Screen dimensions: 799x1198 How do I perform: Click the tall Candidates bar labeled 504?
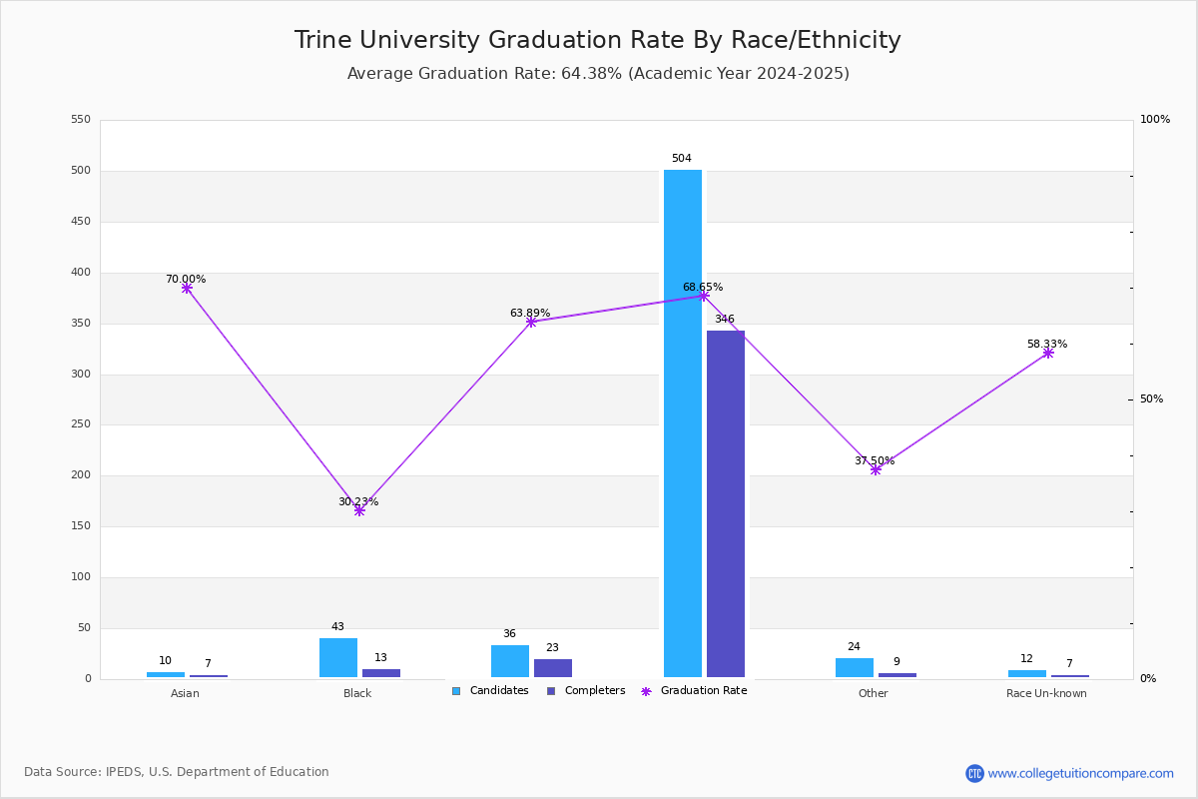[x=683, y=423]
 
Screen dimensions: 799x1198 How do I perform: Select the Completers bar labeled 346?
[x=726, y=503]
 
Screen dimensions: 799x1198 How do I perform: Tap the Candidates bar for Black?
[x=338, y=657]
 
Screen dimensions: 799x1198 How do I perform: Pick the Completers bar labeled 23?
[x=553, y=668]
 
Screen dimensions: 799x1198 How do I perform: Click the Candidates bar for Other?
[x=855, y=667]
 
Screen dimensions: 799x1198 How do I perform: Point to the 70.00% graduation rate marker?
[x=187, y=289]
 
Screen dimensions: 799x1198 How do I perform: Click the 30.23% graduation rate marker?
[x=359, y=510]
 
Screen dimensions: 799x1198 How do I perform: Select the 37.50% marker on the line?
[x=876, y=469]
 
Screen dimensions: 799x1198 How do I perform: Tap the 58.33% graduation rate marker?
[x=1048, y=353]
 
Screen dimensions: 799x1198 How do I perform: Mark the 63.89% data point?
[x=531, y=322]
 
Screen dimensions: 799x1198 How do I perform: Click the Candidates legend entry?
[x=490, y=691]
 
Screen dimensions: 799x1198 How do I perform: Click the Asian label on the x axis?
[x=185, y=694]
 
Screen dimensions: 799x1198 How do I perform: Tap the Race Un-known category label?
[x=1046, y=694]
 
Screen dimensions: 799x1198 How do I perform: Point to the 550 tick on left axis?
[x=81, y=120]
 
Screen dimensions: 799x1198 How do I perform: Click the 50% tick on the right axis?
[x=1151, y=399]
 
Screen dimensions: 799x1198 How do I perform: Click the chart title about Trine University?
[x=597, y=41]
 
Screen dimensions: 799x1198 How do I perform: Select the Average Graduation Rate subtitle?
[x=598, y=74]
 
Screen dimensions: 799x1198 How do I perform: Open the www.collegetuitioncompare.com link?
[x=1080, y=773]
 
